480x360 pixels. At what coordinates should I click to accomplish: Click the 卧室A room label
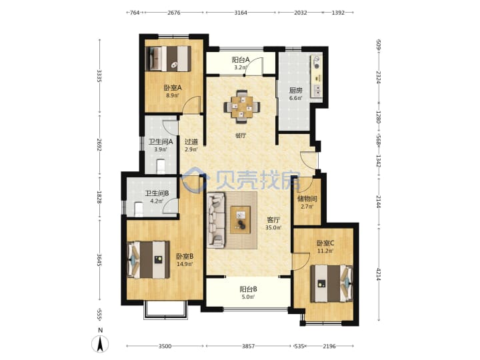pyautogui.click(x=173, y=88)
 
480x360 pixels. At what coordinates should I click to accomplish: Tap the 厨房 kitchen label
pyautogui.click(x=296, y=90)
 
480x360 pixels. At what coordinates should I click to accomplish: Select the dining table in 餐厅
pyautogui.click(x=242, y=107)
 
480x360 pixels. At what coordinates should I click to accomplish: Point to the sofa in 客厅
pyautogui.click(x=216, y=220)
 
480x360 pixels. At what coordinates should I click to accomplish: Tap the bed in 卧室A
pyautogui.click(x=168, y=59)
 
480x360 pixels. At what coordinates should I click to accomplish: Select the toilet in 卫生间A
pyautogui.click(x=161, y=166)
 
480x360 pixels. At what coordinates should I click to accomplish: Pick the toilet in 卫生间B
pyautogui.click(x=139, y=209)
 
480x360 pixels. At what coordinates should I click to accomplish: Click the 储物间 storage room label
pyautogui.click(x=307, y=199)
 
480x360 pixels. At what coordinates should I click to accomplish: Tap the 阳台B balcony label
pyautogui.click(x=248, y=289)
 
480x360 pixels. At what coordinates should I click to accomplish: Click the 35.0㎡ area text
pyautogui.click(x=273, y=227)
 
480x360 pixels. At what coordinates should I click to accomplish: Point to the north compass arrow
pyautogui.click(x=100, y=343)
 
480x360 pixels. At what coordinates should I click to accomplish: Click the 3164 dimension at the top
pyautogui.click(x=241, y=13)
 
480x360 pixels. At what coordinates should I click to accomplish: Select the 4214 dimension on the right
pyautogui.click(x=379, y=274)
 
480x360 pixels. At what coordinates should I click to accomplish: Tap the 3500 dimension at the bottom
pyautogui.click(x=165, y=346)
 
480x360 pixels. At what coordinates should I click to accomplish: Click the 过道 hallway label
pyautogui.click(x=191, y=142)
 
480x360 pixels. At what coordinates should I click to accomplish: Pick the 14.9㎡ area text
pyautogui.click(x=185, y=264)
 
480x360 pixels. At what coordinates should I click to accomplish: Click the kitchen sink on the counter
pyautogui.click(x=317, y=90)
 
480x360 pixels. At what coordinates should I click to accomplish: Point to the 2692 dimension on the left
pyautogui.click(x=99, y=144)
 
